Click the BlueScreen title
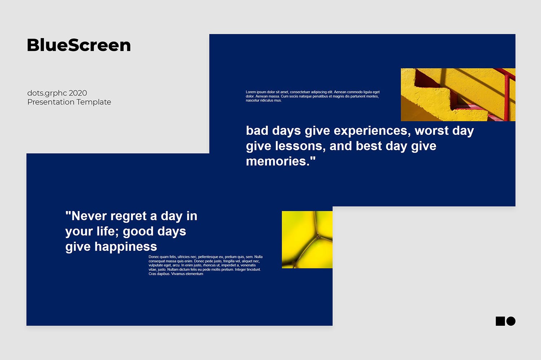79,45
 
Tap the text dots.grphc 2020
57,93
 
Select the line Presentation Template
69,102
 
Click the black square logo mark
500,321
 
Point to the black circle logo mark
511,321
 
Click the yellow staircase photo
458,95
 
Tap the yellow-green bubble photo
307,240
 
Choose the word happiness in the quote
126,247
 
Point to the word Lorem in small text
251,92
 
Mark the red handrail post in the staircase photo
506,97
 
